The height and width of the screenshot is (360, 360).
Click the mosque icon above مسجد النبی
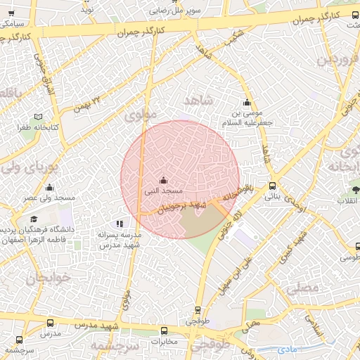(x=163, y=179)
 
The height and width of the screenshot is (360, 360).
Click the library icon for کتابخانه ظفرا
(x=38, y=116)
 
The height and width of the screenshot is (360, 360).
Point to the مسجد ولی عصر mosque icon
(x=49, y=188)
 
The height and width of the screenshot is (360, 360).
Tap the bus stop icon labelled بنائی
(x=272, y=186)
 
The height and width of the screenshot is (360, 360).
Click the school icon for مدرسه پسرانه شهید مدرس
(x=118, y=223)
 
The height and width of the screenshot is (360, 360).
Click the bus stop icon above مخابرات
(x=164, y=330)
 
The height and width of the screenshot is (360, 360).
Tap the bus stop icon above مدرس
(x=49, y=322)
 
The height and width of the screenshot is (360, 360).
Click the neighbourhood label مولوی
(x=139, y=116)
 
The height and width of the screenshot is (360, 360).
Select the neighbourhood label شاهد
(x=198, y=101)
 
